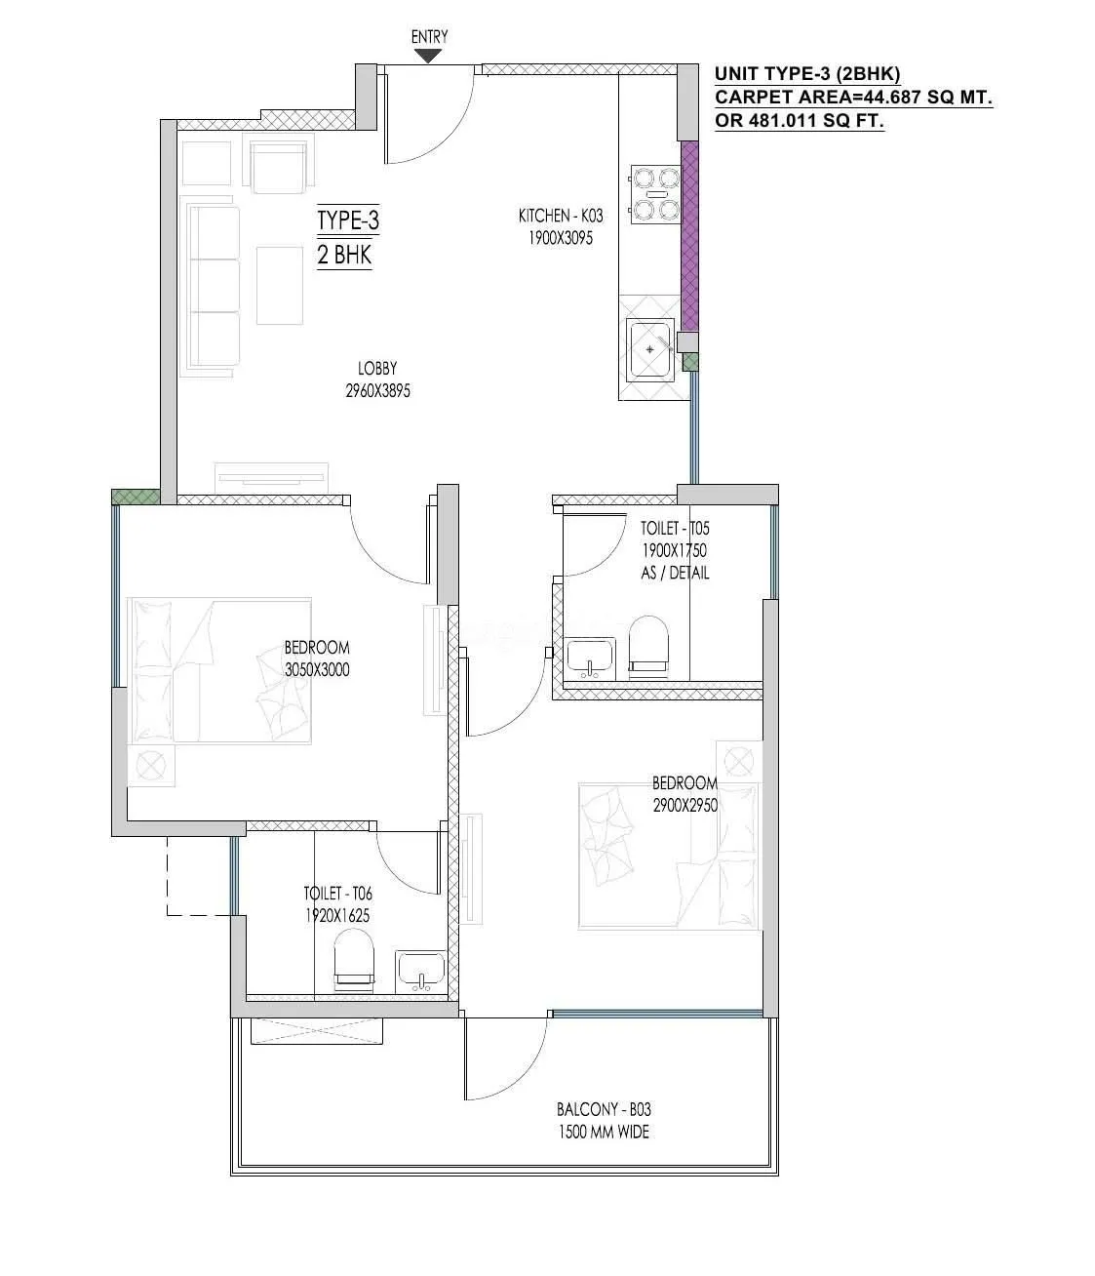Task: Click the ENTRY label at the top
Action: click(429, 37)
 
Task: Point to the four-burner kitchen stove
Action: click(654, 193)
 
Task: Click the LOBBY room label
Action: click(377, 369)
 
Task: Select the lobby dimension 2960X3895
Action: click(377, 391)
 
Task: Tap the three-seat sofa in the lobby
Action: click(211, 287)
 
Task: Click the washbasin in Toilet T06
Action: click(420, 970)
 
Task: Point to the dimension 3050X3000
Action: click(317, 670)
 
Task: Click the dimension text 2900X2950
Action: click(685, 805)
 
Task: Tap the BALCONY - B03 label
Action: click(604, 1109)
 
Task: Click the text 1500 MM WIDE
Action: click(604, 1133)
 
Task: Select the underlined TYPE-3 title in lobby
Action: click(347, 221)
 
